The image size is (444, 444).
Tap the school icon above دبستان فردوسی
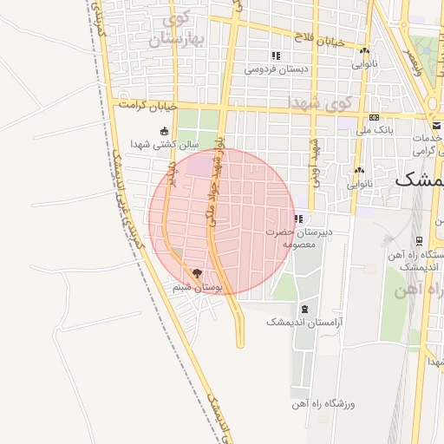coord(275,55)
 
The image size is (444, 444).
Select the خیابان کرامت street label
coord(150,106)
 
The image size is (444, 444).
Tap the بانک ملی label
coord(374,130)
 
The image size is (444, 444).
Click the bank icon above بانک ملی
coord(374,118)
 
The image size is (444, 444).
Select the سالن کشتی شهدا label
coord(166,143)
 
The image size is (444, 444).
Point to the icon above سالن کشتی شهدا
coord(165,131)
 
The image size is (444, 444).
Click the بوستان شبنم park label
coord(197,285)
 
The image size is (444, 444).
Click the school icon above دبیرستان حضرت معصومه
coord(299,219)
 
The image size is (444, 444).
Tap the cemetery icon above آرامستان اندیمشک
coord(304,310)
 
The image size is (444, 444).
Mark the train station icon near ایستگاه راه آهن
coord(419,241)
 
